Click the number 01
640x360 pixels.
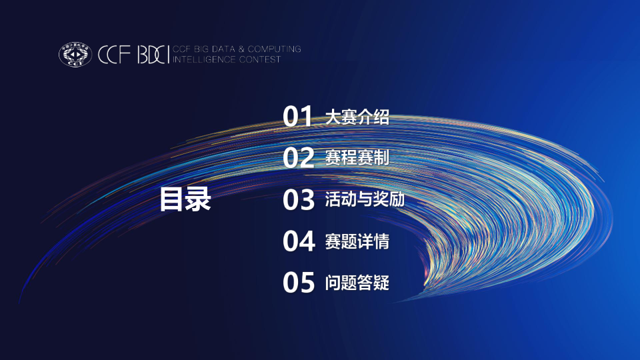click(298, 117)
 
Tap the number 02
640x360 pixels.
click(298, 158)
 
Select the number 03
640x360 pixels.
click(298, 200)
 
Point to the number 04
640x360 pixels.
click(298, 241)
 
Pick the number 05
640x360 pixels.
click(298, 283)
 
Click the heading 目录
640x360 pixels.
click(185, 199)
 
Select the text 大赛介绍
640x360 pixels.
click(357, 118)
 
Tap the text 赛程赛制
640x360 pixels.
click(357, 158)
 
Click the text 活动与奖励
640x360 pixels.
click(365, 199)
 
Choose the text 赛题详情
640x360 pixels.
click(357, 241)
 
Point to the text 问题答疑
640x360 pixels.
click(357, 283)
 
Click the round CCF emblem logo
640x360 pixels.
click(75, 54)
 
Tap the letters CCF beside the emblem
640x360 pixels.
click(114, 54)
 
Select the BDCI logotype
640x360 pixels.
click(152, 54)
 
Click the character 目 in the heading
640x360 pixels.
click(171, 199)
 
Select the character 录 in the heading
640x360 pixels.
click(198, 199)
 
